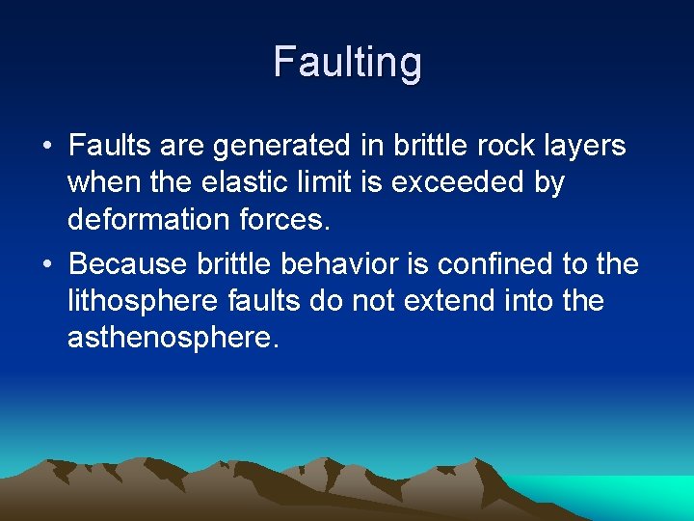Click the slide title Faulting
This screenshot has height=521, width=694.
347,63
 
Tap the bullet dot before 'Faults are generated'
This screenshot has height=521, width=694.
47,147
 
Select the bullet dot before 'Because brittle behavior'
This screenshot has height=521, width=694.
47,264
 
